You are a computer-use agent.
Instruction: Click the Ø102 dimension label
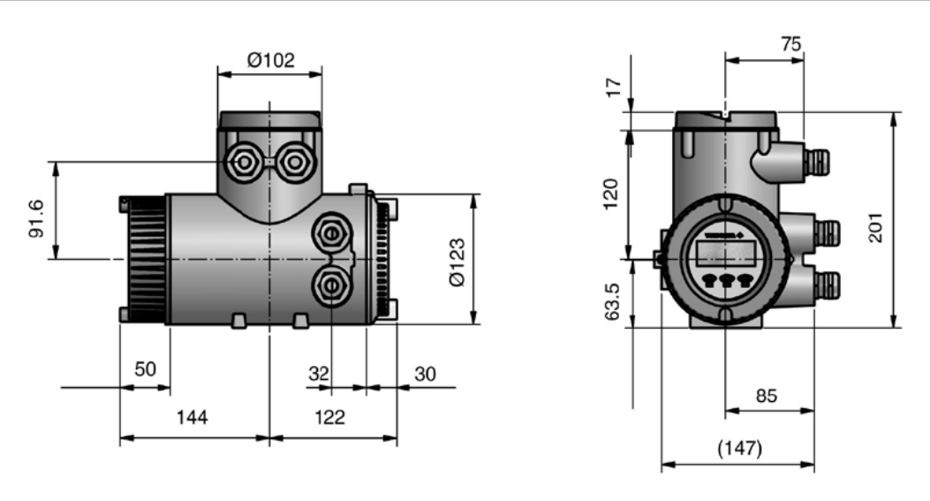(270, 60)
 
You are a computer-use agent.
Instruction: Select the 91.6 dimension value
(36, 219)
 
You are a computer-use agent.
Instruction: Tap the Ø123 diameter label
(457, 262)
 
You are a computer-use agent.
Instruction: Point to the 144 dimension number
(193, 417)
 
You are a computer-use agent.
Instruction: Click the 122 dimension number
(329, 417)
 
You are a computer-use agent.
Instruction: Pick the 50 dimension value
(146, 369)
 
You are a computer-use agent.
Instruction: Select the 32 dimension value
(319, 374)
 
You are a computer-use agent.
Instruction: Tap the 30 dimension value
(425, 374)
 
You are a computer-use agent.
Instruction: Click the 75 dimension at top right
(791, 44)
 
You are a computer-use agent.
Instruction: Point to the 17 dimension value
(615, 87)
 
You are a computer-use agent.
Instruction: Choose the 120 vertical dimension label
(610, 194)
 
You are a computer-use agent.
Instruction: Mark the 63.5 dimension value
(612, 301)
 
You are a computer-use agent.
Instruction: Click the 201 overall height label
(875, 227)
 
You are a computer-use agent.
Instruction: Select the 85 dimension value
(767, 395)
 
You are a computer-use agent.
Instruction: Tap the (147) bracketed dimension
(739, 448)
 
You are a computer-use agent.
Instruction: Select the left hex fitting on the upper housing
(244, 162)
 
